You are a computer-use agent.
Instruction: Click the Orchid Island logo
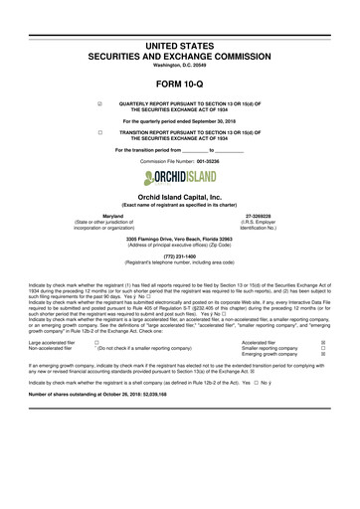[180, 178]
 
